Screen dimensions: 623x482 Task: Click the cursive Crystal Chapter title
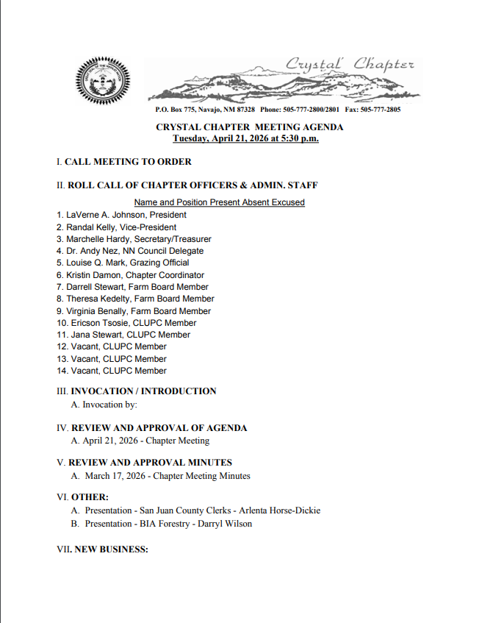(350, 65)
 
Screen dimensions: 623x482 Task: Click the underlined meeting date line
(245, 138)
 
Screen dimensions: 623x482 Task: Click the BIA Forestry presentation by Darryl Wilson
(168, 524)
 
